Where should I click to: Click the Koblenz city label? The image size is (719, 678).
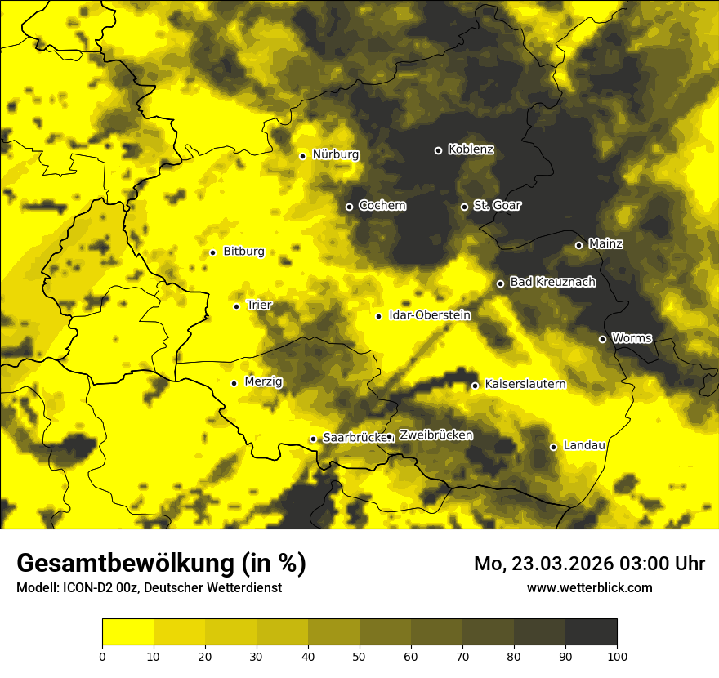pos(471,149)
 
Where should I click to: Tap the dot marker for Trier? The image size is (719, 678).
pos(236,306)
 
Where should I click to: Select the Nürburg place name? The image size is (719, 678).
pos(335,154)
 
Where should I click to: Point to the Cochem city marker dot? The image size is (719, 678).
pos(349,207)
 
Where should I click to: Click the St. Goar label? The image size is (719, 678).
pos(497,205)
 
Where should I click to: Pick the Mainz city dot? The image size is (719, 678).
pos(578,245)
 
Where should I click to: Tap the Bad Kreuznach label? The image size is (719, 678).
pos(552,282)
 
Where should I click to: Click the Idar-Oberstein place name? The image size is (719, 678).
pos(430,314)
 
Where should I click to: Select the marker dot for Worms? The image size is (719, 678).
pos(602,339)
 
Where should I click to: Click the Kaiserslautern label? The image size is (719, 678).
pos(525,384)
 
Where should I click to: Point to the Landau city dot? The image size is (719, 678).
pos(553,447)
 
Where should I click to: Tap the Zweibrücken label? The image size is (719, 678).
pos(435,435)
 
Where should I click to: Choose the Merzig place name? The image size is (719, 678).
pos(263,381)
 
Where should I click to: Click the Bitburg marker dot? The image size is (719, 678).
pos(212,252)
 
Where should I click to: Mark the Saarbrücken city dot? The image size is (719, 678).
pos(313,439)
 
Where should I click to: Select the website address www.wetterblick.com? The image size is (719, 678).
pos(589,587)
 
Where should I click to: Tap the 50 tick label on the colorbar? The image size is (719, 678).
pos(359,656)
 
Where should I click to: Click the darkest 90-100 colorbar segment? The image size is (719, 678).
pos(591,631)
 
